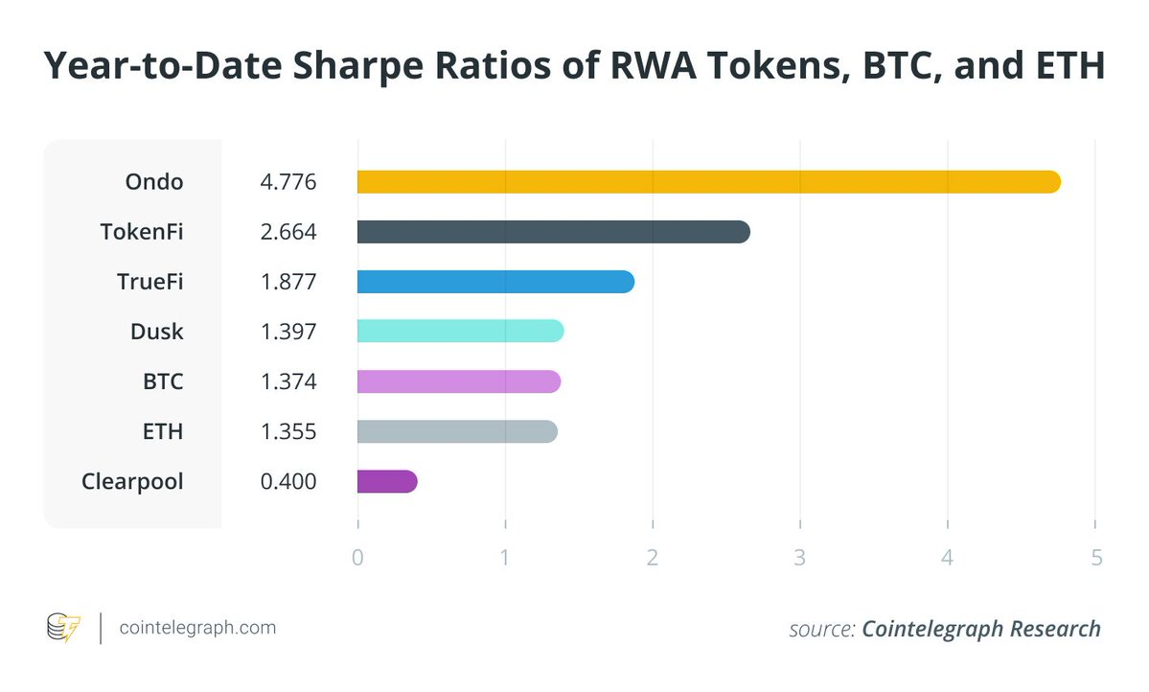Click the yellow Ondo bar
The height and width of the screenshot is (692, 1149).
tap(708, 182)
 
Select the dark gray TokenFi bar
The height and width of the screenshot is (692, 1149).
tap(553, 232)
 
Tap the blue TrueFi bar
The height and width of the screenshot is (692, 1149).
tap(495, 282)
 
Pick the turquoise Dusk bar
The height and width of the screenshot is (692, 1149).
tap(460, 332)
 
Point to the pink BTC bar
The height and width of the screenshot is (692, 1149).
tap(458, 381)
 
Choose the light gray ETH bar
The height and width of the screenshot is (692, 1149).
tap(457, 431)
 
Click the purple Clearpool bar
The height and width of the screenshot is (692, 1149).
tap(386, 481)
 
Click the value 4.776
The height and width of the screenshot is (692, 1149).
tap(288, 182)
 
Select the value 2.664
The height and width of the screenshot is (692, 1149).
tap(288, 232)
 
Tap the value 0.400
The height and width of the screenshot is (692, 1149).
tap(288, 481)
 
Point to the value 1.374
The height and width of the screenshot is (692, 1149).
tap(288, 381)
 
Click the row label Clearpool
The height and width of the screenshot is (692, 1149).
tap(133, 481)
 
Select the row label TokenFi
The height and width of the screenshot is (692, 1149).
tap(142, 232)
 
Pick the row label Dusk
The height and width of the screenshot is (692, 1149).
tap(157, 332)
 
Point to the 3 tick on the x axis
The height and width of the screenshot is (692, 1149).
tap(800, 558)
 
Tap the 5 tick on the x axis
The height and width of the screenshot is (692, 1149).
tap(1095, 558)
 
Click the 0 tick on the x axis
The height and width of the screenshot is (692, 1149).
tap(357, 558)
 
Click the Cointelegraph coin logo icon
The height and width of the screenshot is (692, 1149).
tap(64, 628)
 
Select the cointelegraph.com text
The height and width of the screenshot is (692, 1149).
tap(197, 628)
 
